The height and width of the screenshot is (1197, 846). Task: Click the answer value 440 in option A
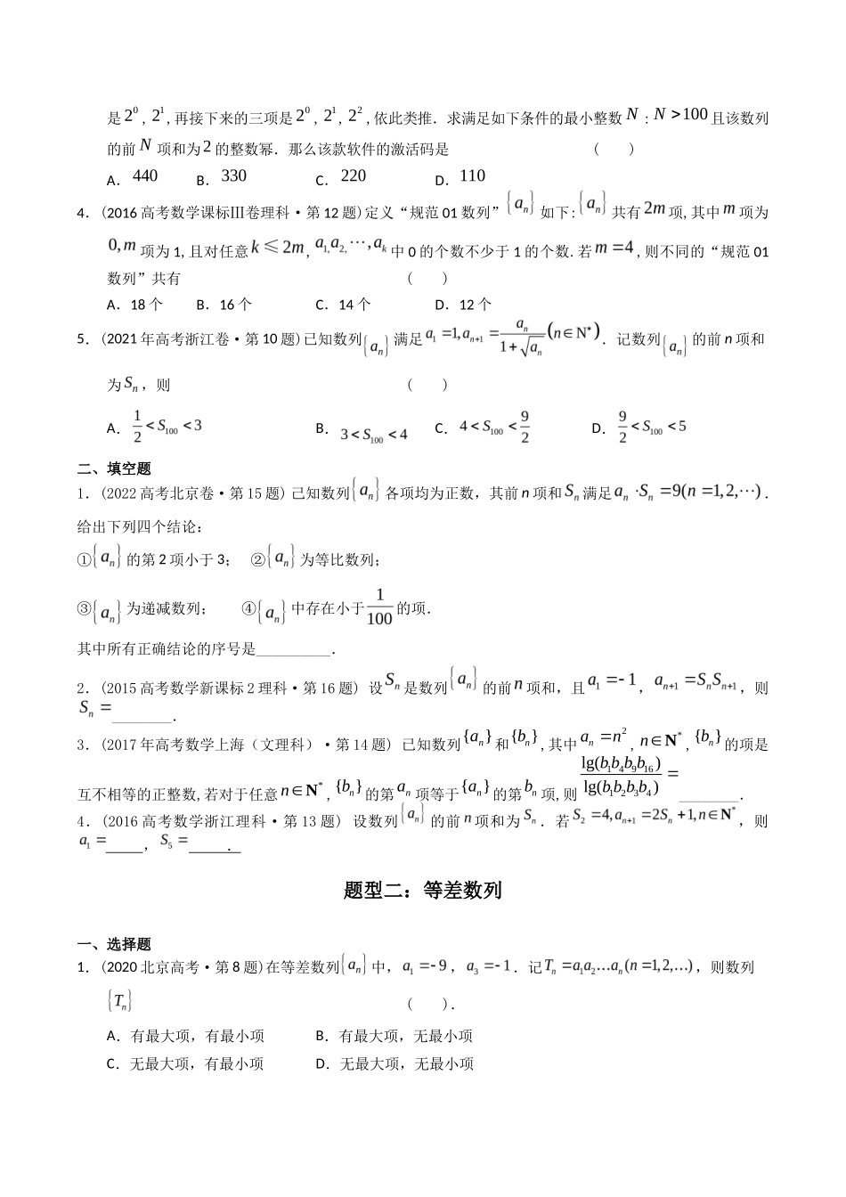[145, 176]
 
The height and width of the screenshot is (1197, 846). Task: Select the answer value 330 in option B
[234, 176]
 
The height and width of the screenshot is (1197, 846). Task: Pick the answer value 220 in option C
[354, 176]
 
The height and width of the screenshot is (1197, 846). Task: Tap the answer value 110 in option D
[473, 176]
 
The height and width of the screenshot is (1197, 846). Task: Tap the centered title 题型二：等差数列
[422, 890]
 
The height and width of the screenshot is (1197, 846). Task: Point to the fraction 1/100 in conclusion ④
[379, 608]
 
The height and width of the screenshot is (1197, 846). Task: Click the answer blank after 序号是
[294, 651]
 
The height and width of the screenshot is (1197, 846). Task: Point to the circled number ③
[85, 609]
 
